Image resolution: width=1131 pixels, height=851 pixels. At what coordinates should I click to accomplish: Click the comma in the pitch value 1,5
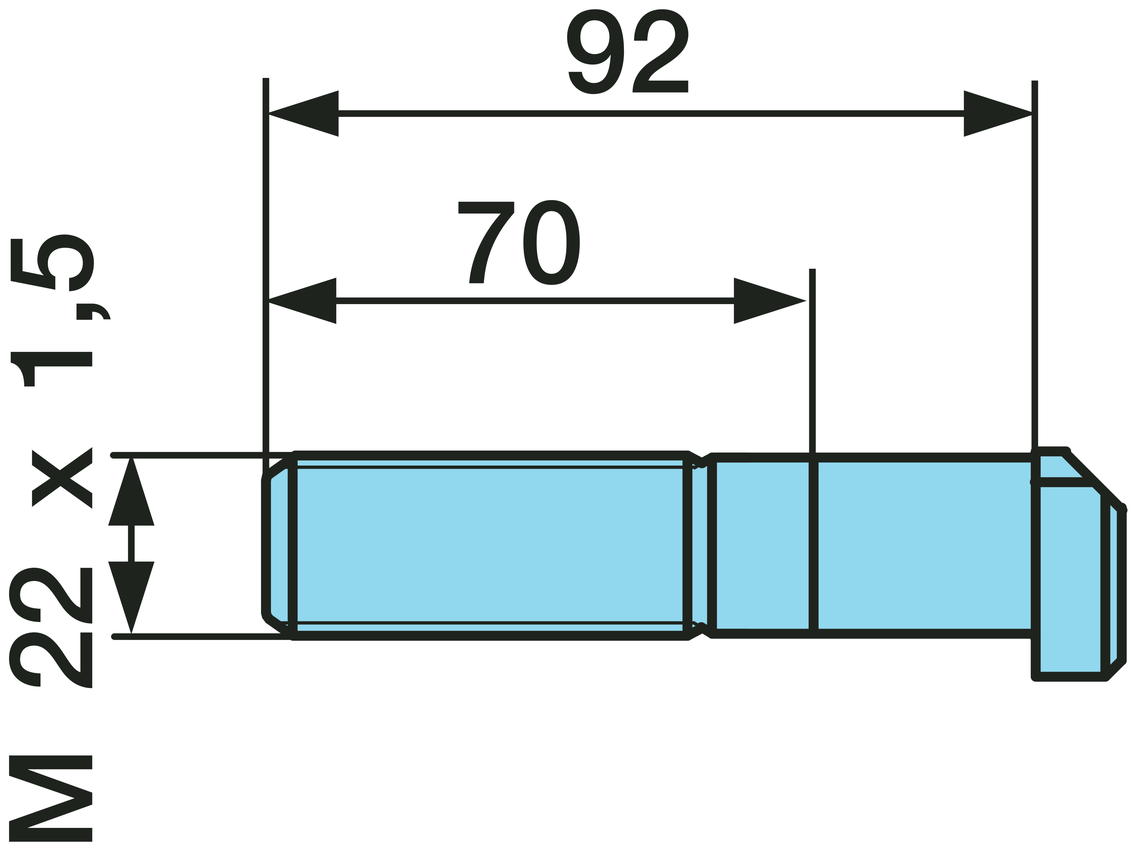[x=93, y=312]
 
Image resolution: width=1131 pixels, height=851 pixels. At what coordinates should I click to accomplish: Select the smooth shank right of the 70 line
[x=924, y=545]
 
